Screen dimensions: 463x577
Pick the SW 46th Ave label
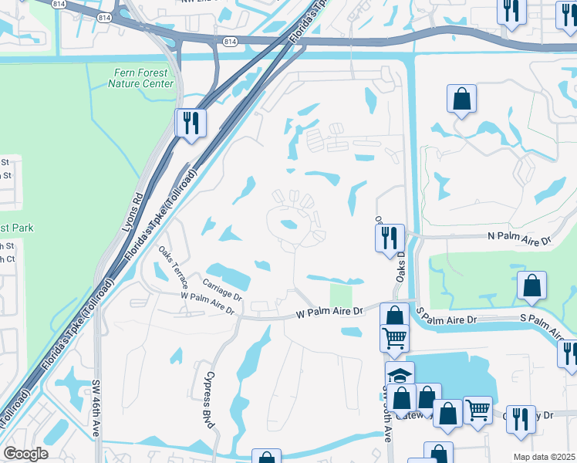click(98, 419)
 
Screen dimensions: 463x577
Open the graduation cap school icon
click(400, 376)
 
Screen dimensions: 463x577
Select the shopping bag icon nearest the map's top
click(461, 99)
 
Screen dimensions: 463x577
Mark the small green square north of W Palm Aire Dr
click(339, 295)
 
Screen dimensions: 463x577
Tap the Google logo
click(25, 454)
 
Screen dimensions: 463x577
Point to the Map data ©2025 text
click(544, 457)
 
